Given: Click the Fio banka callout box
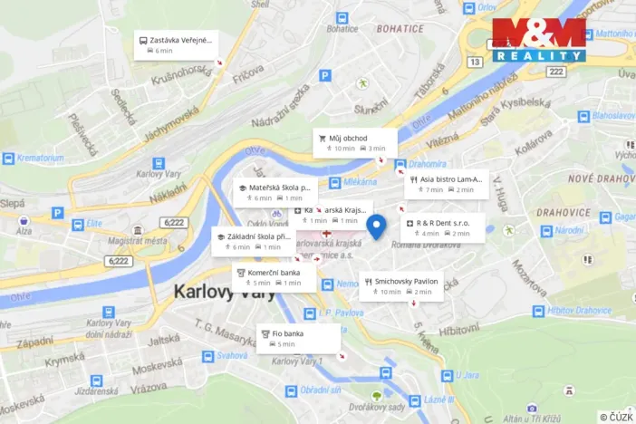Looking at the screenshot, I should click(299, 338).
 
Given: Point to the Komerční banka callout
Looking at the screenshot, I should click(275, 276).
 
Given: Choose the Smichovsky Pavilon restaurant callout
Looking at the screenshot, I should click(402, 285).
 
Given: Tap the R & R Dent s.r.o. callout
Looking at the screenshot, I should click(442, 227).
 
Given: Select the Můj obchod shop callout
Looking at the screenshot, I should click(355, 142).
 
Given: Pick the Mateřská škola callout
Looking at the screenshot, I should click(275, 192).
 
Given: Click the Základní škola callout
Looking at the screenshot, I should click(253, 241).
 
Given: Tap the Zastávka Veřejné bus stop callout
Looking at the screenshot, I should click(176, 44).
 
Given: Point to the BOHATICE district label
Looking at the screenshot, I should click(400, 29).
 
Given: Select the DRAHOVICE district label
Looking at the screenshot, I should click(564, 212).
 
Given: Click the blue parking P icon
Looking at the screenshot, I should click(57, 213).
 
